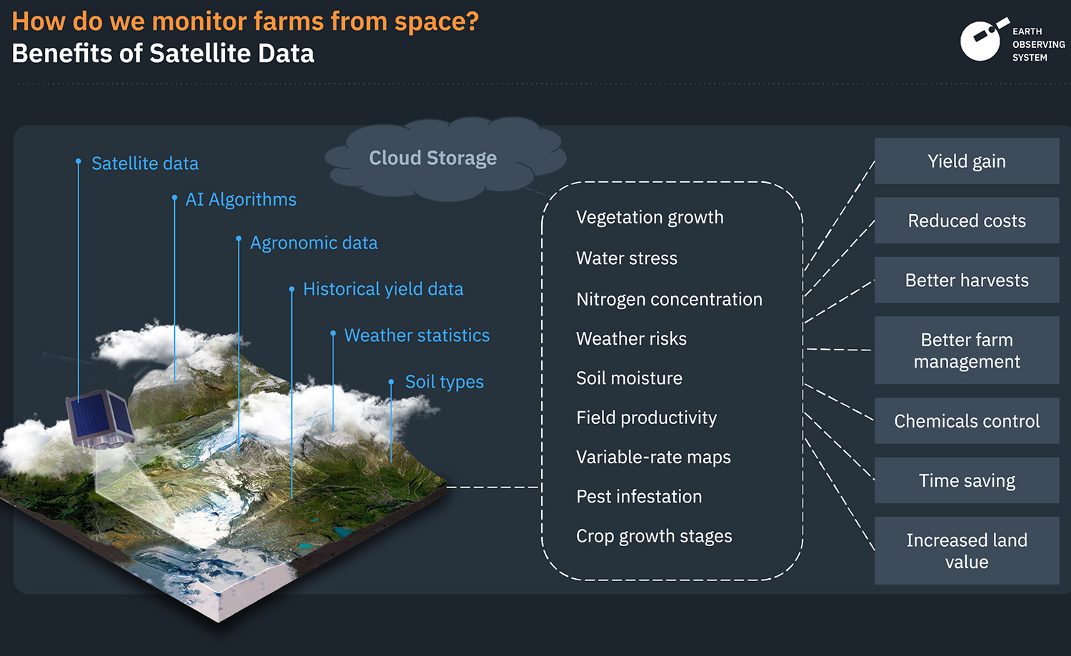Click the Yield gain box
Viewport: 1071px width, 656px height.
click(x=967, y=161)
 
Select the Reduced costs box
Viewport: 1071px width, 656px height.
click(x=967, y=221)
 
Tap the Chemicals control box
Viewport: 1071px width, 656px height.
click(x=967, y=420)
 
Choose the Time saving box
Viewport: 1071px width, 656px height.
click(x=967, y=480)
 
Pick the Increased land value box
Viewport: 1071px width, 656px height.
click(x=967, y=550)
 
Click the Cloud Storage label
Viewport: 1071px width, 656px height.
click(x=433, y=158)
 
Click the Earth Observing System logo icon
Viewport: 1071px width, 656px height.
click(x=984, y=40)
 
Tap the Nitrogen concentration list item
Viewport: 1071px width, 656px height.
click(x=670, y=299)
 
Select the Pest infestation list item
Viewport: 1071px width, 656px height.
click(x=639, y=496)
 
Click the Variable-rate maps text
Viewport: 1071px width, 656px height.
click(x=653, y=457)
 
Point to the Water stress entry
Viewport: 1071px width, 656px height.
click(x=627, y=258)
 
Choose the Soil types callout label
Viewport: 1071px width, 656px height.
click(x=445, y=382)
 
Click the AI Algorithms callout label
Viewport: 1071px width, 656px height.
click(x=241, y=199)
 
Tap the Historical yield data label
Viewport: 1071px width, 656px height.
click(x=383, y=289)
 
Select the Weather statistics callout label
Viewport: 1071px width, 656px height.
click(x=417, y=335)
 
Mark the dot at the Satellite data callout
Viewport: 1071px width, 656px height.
click(x=79, y=161)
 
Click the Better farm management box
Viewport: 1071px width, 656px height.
click(x=967, y=350)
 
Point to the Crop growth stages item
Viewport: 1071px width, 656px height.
click(x=654, y=537)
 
